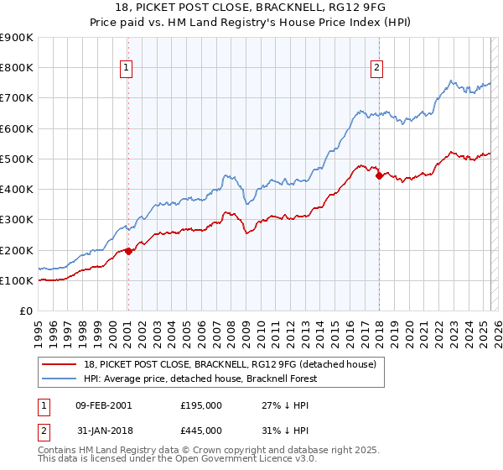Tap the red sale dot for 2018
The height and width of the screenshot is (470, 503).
[379, 175]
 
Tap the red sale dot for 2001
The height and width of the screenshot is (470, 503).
[128, 251]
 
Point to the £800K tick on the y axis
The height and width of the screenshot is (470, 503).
[18, 68]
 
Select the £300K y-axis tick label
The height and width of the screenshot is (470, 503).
[18, 220]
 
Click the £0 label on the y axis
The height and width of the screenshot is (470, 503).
[26, 311]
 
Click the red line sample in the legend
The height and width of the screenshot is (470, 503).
[60, 364]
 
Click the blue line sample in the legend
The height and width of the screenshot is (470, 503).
[60, 379]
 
